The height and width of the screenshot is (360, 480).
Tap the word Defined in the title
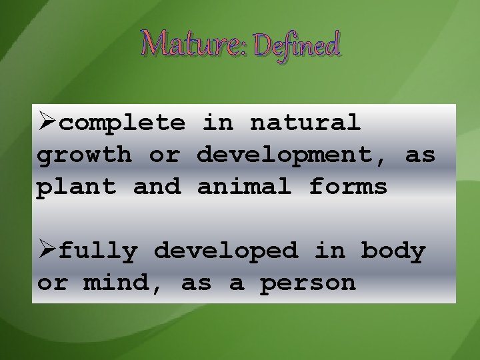tap(297, 45)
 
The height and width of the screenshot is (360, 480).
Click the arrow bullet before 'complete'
tap(47, 123)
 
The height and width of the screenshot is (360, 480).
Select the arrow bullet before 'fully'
tap(47, 251)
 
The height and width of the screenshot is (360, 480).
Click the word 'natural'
tap(305, 123)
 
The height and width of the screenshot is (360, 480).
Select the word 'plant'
tap(77, 187)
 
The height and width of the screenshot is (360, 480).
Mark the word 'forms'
tap(348, 187)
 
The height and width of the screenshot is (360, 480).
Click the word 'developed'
tap(227, 252)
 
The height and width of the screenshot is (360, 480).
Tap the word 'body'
tap(393, 252)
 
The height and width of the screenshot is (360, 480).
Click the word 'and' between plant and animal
tap(157, 187)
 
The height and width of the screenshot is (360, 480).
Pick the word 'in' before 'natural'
tap(217, 123)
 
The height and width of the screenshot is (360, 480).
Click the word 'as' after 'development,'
tap(420, 156)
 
